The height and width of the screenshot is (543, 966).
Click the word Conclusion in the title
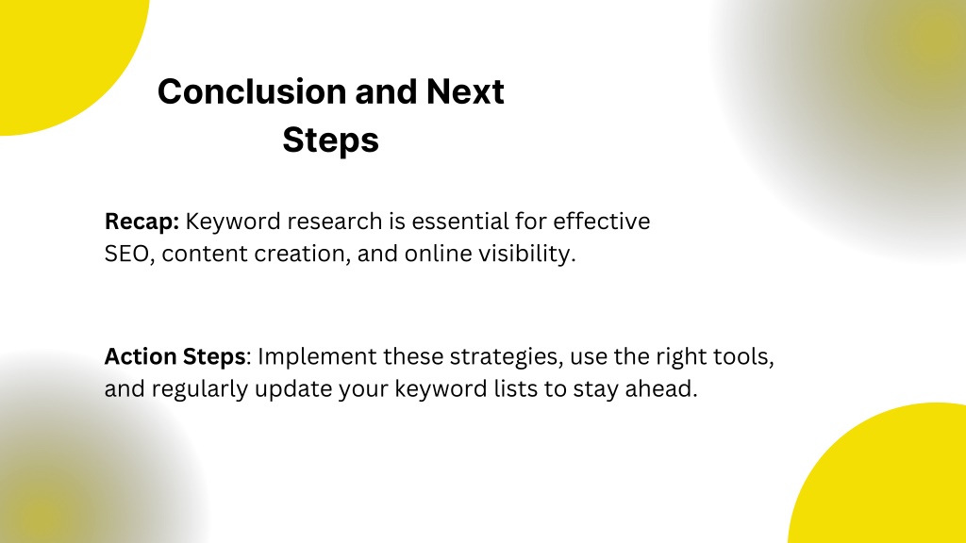[x=252, y=91]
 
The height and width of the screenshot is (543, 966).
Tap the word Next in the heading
[x=465, y=91]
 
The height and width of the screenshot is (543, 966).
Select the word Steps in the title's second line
[x=330, y=140]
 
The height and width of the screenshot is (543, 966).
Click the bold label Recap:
[x=142, y=221]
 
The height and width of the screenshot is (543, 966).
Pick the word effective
[x=601, y=221]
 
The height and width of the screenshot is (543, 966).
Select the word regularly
[x=200, y=389]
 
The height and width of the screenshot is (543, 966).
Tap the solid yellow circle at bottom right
[x=887, y=480]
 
